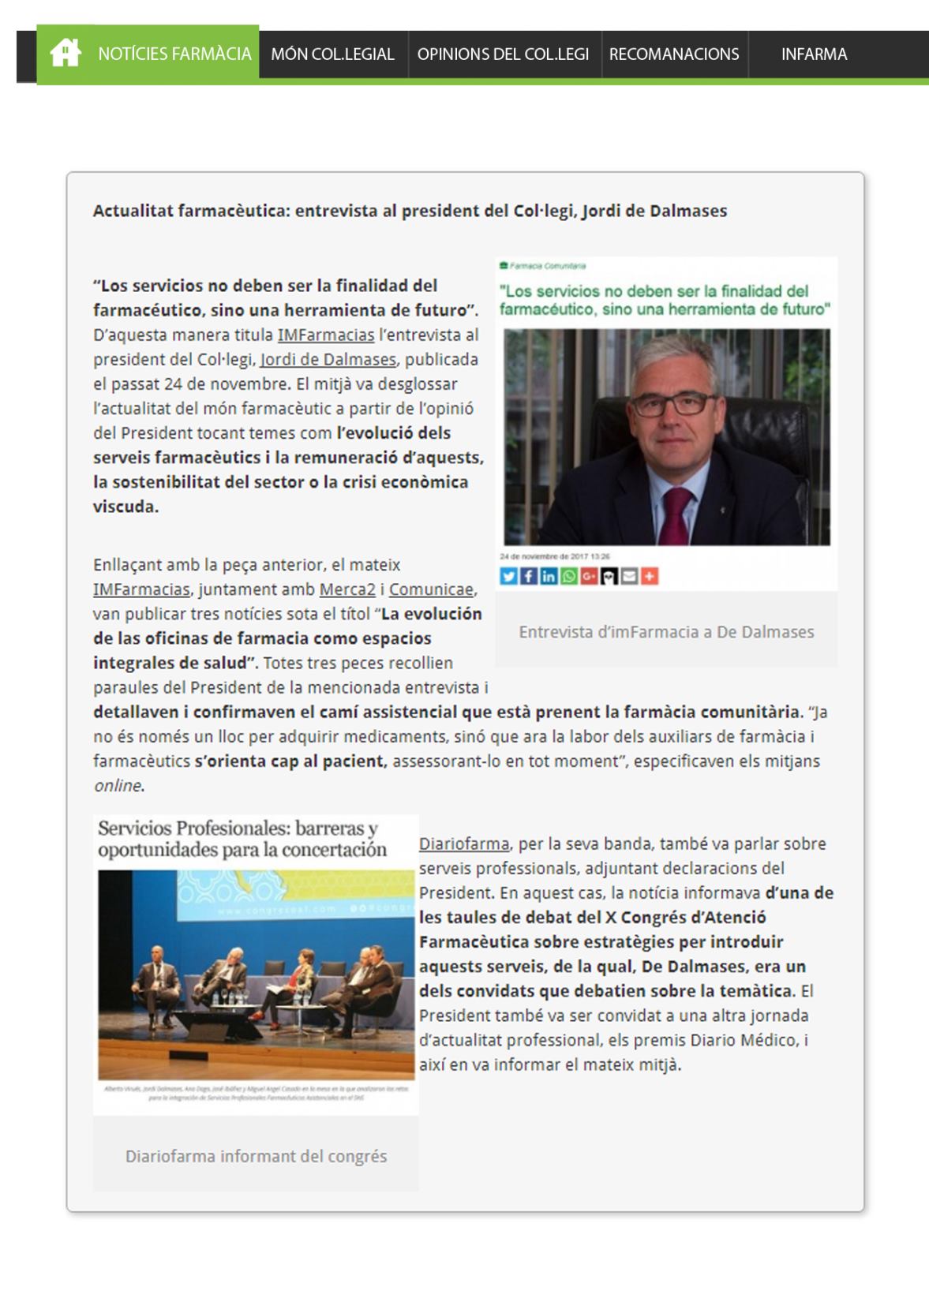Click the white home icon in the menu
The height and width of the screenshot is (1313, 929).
point(65,54)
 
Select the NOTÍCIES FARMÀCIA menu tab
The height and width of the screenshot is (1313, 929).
point(174,54)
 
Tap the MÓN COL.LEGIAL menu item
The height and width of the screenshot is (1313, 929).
point(332,54)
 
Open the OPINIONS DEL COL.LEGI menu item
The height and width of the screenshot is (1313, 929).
point(503,54)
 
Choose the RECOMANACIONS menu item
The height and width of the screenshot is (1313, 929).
point(674,54)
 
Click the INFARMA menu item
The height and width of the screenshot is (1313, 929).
point(814,54)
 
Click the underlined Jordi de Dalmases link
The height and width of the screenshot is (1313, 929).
point(328,360)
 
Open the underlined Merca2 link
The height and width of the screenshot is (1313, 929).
point(347,589)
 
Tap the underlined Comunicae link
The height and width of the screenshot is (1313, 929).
point(431,589)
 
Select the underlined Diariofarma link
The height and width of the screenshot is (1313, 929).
point(464,844)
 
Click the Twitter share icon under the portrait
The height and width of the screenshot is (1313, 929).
point(508,577)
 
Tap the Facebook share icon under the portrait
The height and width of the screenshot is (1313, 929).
point(528,577)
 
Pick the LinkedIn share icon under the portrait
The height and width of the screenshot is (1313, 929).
point(548,577)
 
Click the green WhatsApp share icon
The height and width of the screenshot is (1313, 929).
point(568,577)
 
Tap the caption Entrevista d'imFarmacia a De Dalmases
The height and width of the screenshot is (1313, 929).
point(666,632)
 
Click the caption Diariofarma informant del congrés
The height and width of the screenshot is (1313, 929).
point(256,1157)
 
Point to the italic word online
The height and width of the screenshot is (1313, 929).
point(118,786)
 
